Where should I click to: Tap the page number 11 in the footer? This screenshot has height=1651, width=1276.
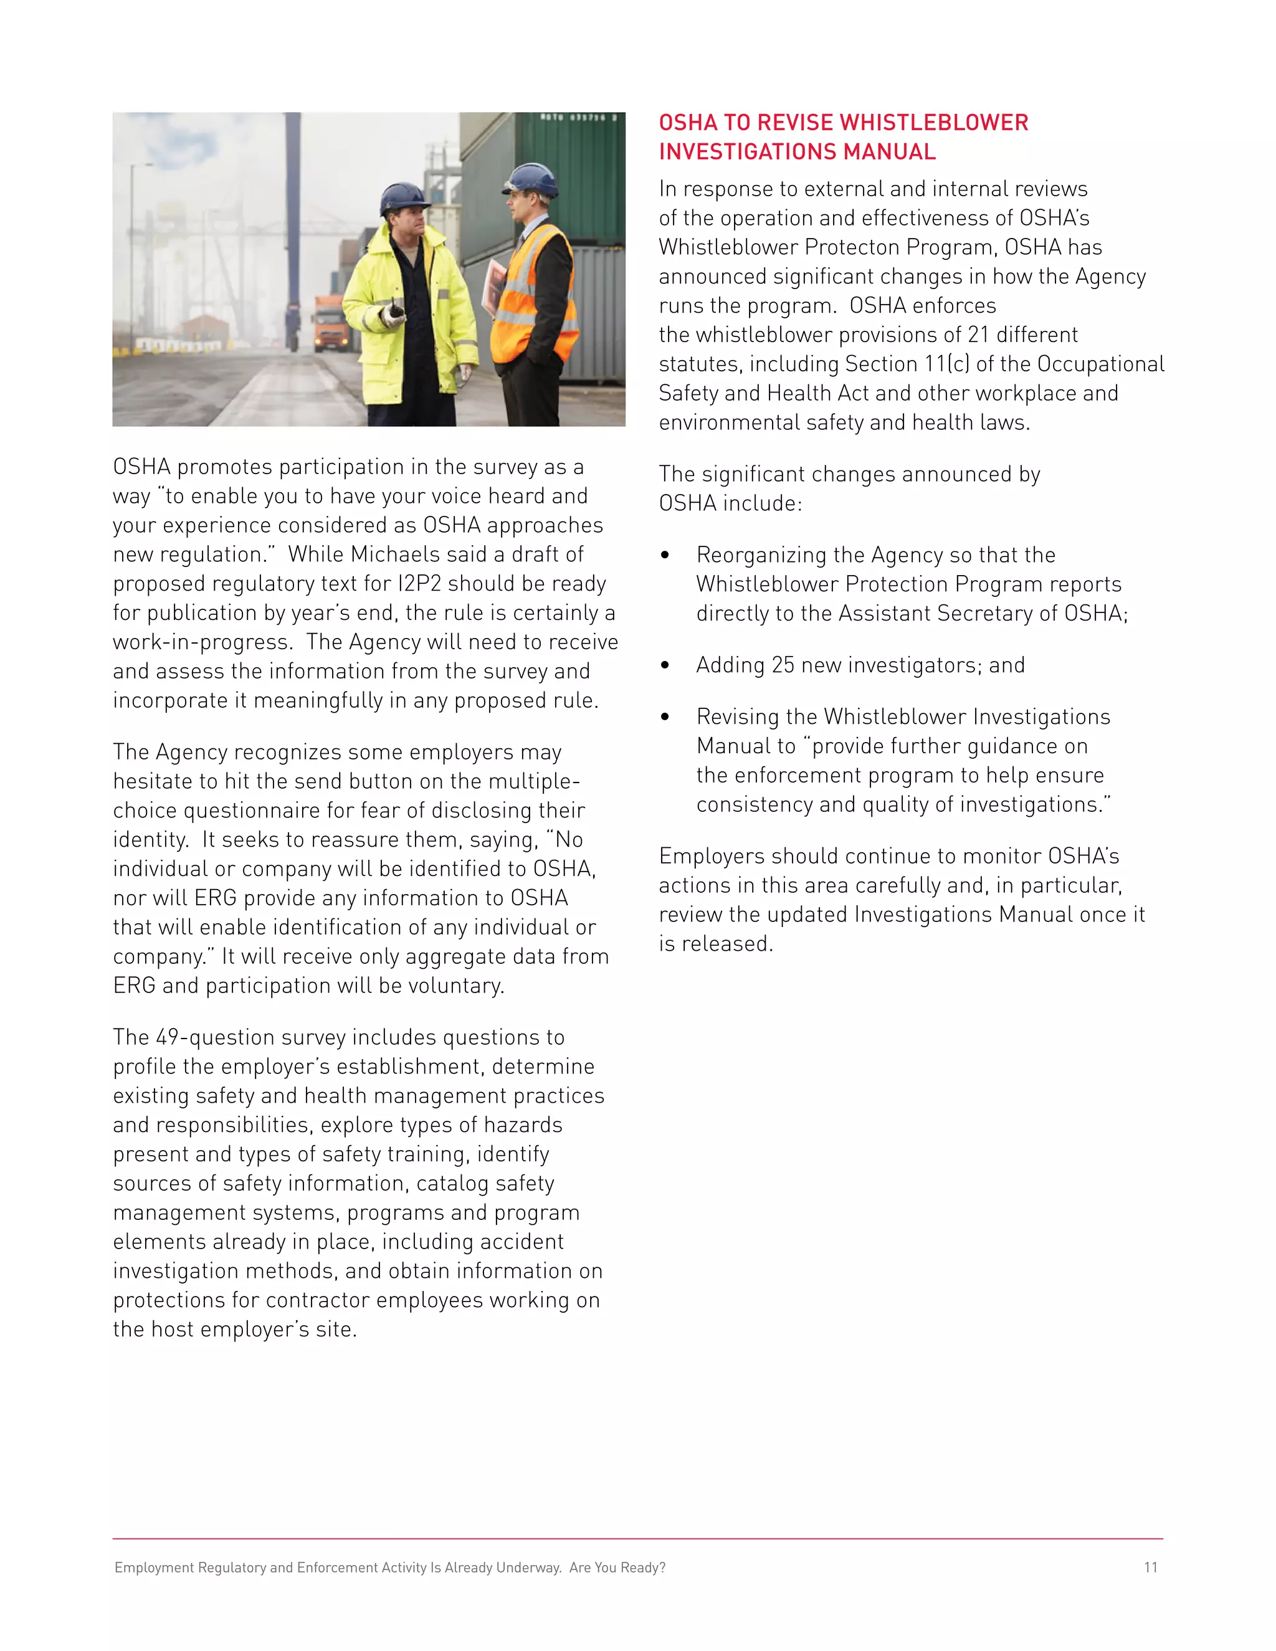(x=1150, y=1567)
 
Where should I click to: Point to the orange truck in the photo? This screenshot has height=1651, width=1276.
(x=332, y=323)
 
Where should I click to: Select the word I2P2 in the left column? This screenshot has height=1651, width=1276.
(x=419, y=584)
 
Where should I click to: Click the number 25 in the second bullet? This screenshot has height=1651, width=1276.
(x=783, y=665)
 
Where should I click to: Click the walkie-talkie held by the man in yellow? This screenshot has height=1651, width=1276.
(x=394, y=312)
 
